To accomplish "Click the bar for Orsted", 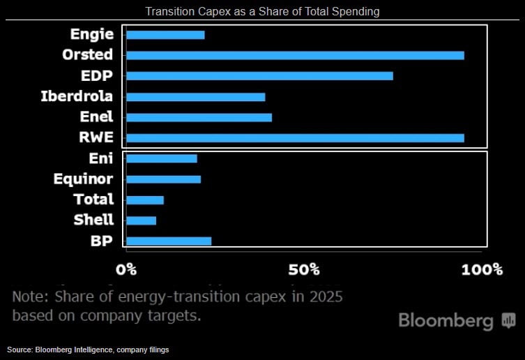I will coord(294,55).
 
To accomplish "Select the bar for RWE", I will coord(294,137).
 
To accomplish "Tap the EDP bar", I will coord(259,75).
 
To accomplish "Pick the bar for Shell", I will coord(140,220).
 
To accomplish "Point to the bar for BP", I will coord(168,241).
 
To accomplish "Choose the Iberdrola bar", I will coord(195,96).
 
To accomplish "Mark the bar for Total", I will coord(144,200).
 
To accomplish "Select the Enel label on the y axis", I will coord(96,117).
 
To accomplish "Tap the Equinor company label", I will coord(83,179).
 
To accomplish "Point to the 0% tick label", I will coord(126,269).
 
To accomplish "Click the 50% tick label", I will coord(304,269).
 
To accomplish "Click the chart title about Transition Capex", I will coord(262,12).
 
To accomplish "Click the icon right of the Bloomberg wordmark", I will coord(508,321).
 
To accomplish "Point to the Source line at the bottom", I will coord(88,349).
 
